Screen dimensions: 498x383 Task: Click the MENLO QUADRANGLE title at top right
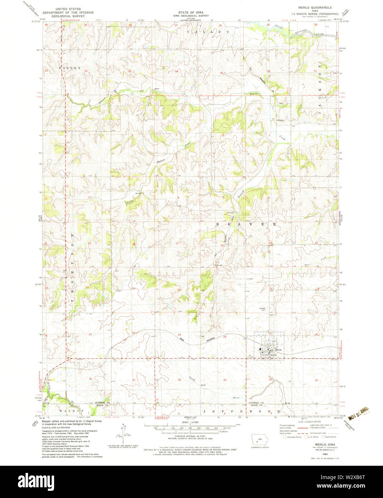click(x=312, y=8)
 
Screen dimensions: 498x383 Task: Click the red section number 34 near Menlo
click(x=271, y=379)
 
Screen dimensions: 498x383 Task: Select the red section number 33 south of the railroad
click(x=225, y=379)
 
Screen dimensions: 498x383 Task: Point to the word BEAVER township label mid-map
click(x=246, y=224)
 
